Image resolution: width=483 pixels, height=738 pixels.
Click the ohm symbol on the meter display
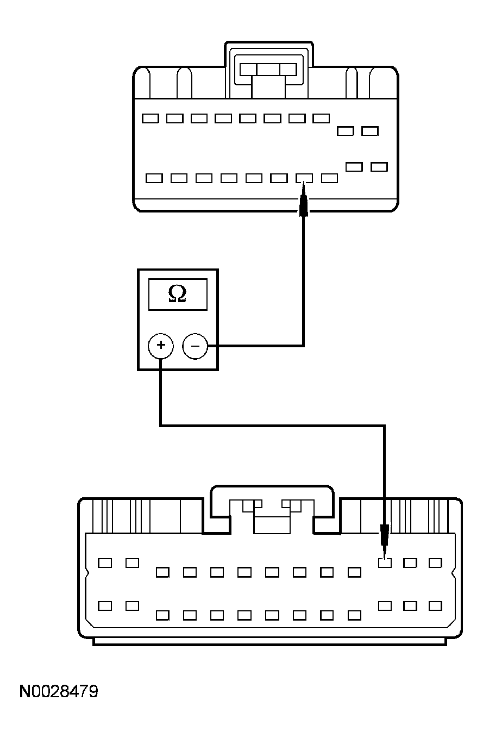point(177,294)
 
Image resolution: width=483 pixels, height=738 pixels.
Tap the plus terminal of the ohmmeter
point(160,346)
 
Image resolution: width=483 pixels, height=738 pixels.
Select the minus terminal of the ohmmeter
point(195,346)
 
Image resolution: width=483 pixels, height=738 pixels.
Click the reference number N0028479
point(59,692)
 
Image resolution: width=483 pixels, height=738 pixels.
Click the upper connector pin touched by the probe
point(304,178)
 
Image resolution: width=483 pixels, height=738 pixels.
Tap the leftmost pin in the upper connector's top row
point(150,118)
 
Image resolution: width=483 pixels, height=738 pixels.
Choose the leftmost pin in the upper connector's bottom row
point(155,178)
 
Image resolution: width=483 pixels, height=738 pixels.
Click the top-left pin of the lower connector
point(105,563)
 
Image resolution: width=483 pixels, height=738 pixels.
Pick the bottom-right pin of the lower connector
point(435,605)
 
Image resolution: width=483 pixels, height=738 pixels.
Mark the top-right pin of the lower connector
point(435,563)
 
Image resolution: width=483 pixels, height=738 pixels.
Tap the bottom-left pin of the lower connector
point(105,605)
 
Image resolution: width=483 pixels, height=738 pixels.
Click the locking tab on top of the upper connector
point(268,69)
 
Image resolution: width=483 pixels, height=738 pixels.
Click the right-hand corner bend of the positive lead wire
point(384,426)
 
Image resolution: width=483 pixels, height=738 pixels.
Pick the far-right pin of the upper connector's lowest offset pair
point(379,166)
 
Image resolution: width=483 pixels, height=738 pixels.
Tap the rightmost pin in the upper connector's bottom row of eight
point(329,178)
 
